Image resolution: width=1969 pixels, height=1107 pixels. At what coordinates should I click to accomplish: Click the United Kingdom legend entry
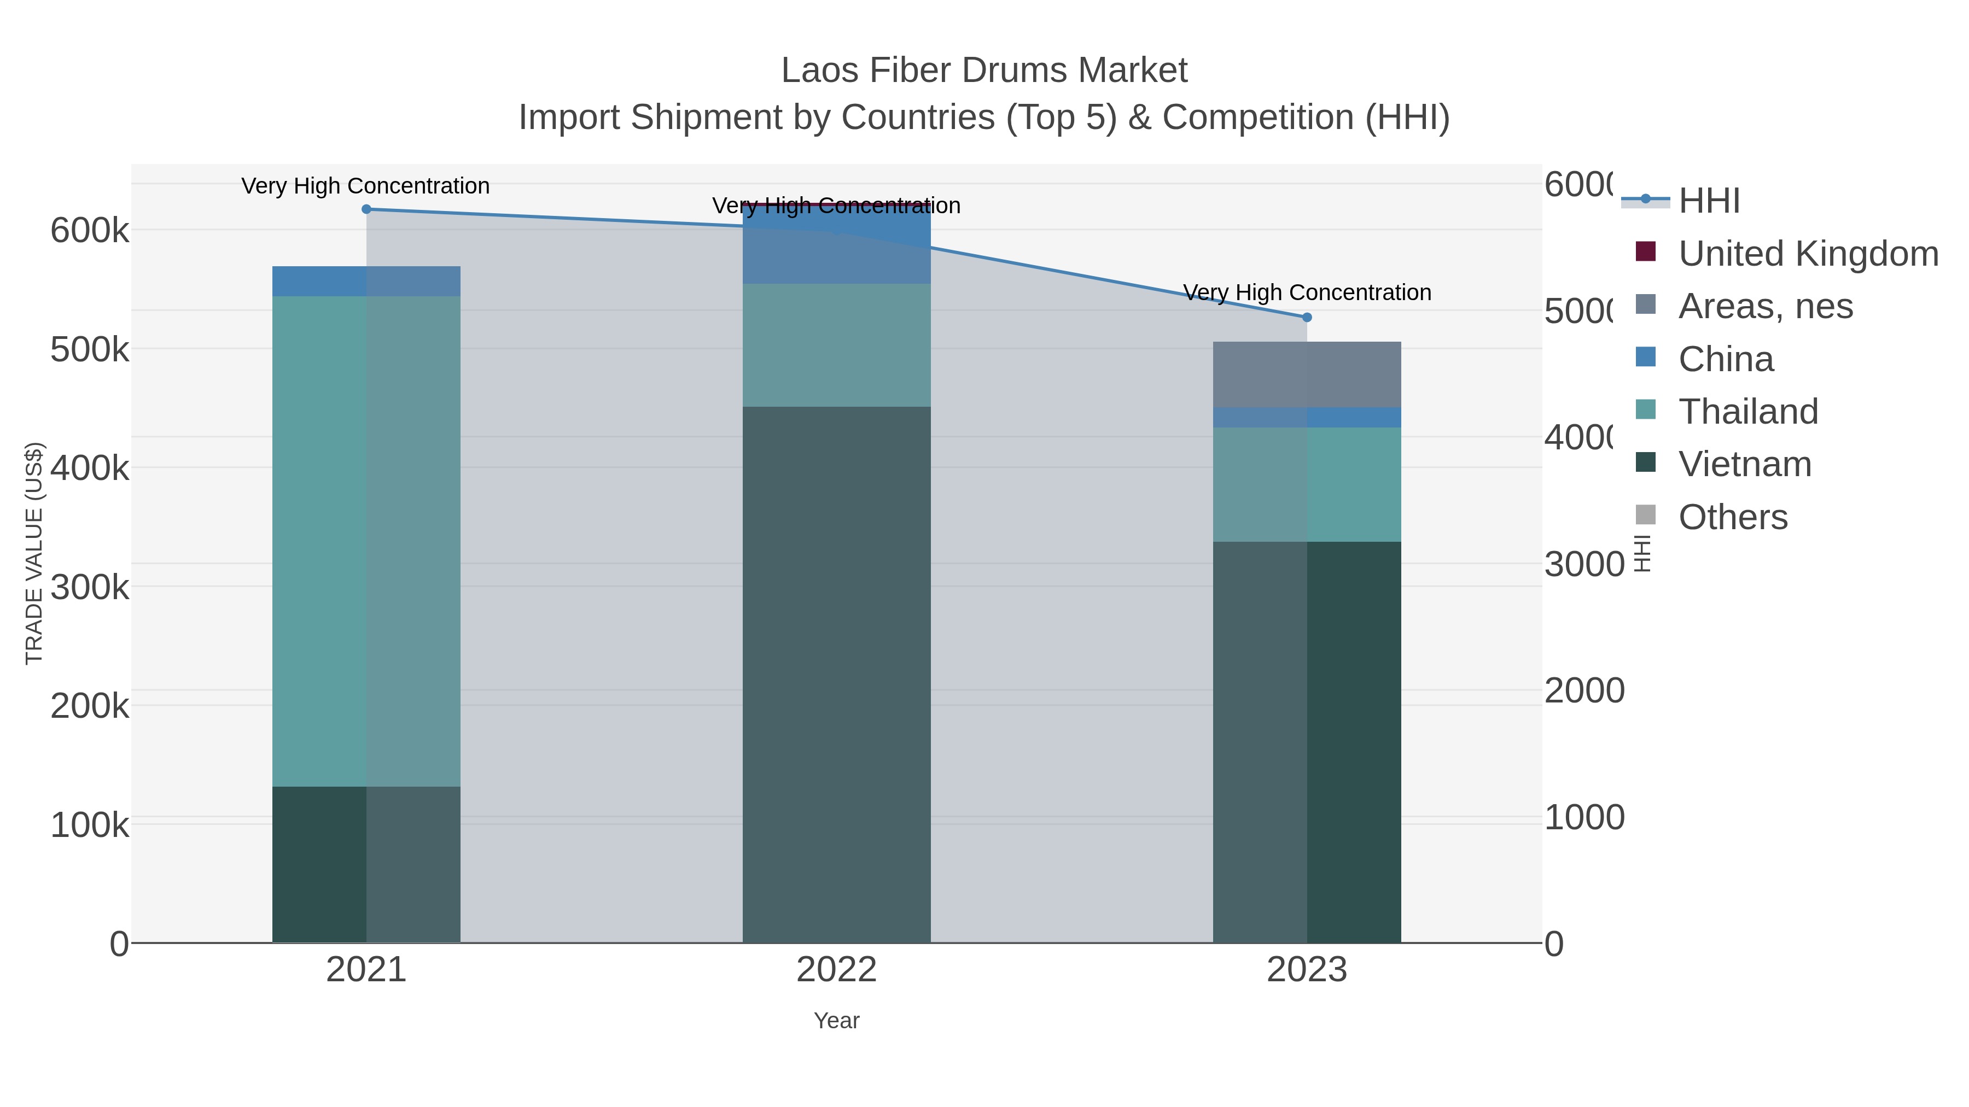(x=1808, y=254)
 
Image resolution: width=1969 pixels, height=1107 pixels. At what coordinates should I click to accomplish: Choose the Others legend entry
(x=1733, y=517)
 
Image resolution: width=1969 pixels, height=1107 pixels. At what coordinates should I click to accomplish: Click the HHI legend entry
(x=1709, y=201)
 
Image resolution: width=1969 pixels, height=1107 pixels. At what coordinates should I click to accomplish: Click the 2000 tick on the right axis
(x=1584, y=690)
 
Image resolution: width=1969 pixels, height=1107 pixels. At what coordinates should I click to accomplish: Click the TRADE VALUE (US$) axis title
(x=34, y=553)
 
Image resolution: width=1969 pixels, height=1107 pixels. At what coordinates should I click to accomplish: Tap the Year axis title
(x=836, y=1021)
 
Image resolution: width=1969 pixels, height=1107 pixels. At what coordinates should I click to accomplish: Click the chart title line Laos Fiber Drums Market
(x=984, y=71)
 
